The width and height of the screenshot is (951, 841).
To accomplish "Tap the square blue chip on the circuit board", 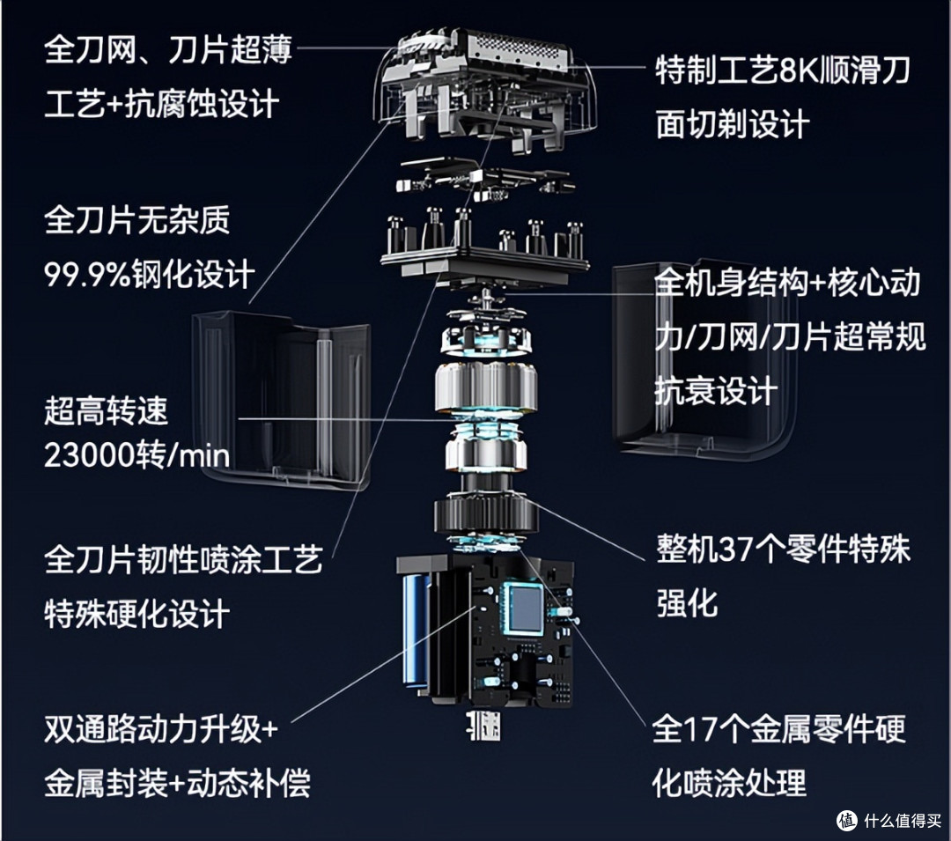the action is tap(526, 609).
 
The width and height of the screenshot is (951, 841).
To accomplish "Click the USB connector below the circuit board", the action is tap(483, 726).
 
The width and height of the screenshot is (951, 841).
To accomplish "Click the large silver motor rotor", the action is tap(485, 388).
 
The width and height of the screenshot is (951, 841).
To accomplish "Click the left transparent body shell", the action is tap(282, 400).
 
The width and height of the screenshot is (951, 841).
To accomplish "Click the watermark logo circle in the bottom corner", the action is tap(847, 821).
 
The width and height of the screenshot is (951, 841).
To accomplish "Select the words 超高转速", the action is tap(106, 410).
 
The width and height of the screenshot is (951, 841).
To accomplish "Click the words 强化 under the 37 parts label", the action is tap(687, 602).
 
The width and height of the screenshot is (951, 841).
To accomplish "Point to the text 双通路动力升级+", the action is tap(161, 729).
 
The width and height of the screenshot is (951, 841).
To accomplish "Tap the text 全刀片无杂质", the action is tap(137, 219).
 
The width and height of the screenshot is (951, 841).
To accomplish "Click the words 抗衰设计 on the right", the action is tap(716, 391).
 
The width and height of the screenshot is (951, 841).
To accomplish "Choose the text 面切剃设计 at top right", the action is tap(733, 125).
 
